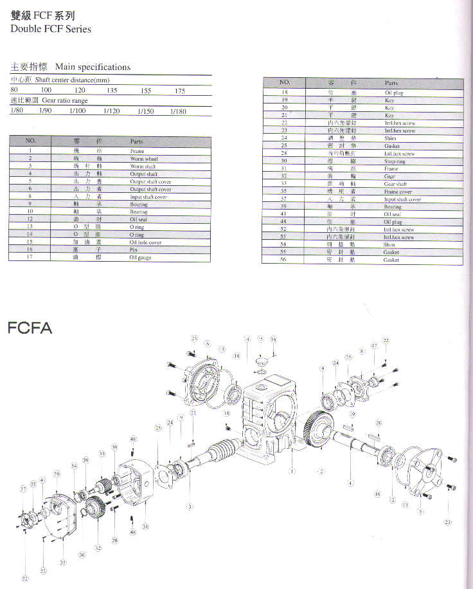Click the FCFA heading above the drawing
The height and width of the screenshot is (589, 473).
pos(30,328)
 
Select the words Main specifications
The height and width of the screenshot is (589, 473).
pos(93,67)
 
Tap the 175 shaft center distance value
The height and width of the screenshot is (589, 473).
pos(180,91)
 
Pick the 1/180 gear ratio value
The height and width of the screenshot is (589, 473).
pos(178,111)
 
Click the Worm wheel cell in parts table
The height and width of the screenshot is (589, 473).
pos(143,159)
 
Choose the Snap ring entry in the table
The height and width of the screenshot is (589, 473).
pos(393,161)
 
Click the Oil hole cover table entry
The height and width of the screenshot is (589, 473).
pos(145,242)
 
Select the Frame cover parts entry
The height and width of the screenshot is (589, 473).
pos(398,192)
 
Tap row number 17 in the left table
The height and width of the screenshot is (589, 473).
pos(30,257)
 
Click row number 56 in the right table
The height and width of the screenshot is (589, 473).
pos(283,260)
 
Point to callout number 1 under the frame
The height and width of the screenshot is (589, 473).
pos(292,471)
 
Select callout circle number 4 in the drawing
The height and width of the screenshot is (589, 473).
pos(350,482)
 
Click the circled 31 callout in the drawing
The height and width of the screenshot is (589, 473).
pos(145,527)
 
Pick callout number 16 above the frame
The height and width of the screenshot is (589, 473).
pos(273,339)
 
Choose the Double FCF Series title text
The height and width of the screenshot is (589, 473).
pos(51,29)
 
